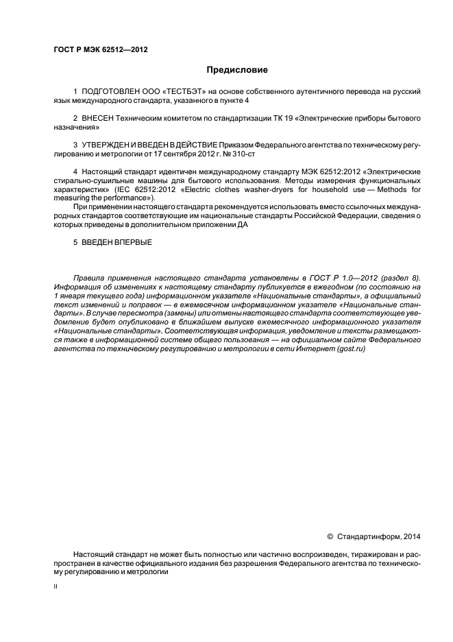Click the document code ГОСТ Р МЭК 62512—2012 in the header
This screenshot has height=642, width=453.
pyautogui.click(x=101, y=50)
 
